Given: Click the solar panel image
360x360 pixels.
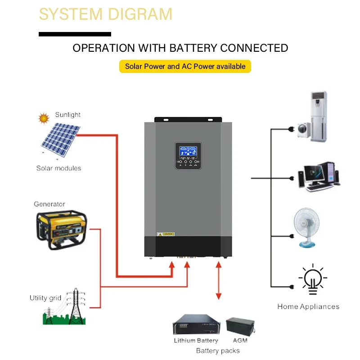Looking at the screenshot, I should coord(60,140).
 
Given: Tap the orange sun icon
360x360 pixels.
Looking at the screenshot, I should coord(44,118).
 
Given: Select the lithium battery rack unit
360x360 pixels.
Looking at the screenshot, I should coord(196,326).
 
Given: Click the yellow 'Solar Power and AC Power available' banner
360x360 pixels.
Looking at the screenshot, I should coord(185,66).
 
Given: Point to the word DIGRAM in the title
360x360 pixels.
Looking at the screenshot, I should coord(139,14).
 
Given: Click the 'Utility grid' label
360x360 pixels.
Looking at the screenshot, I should coord(45,298).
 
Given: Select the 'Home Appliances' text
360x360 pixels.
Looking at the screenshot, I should coord(308,306).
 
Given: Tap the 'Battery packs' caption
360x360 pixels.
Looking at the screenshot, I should coord(218,351).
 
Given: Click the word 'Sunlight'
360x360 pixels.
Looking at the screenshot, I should coord(68,115).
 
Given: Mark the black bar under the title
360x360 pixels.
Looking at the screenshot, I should coord(75,34).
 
